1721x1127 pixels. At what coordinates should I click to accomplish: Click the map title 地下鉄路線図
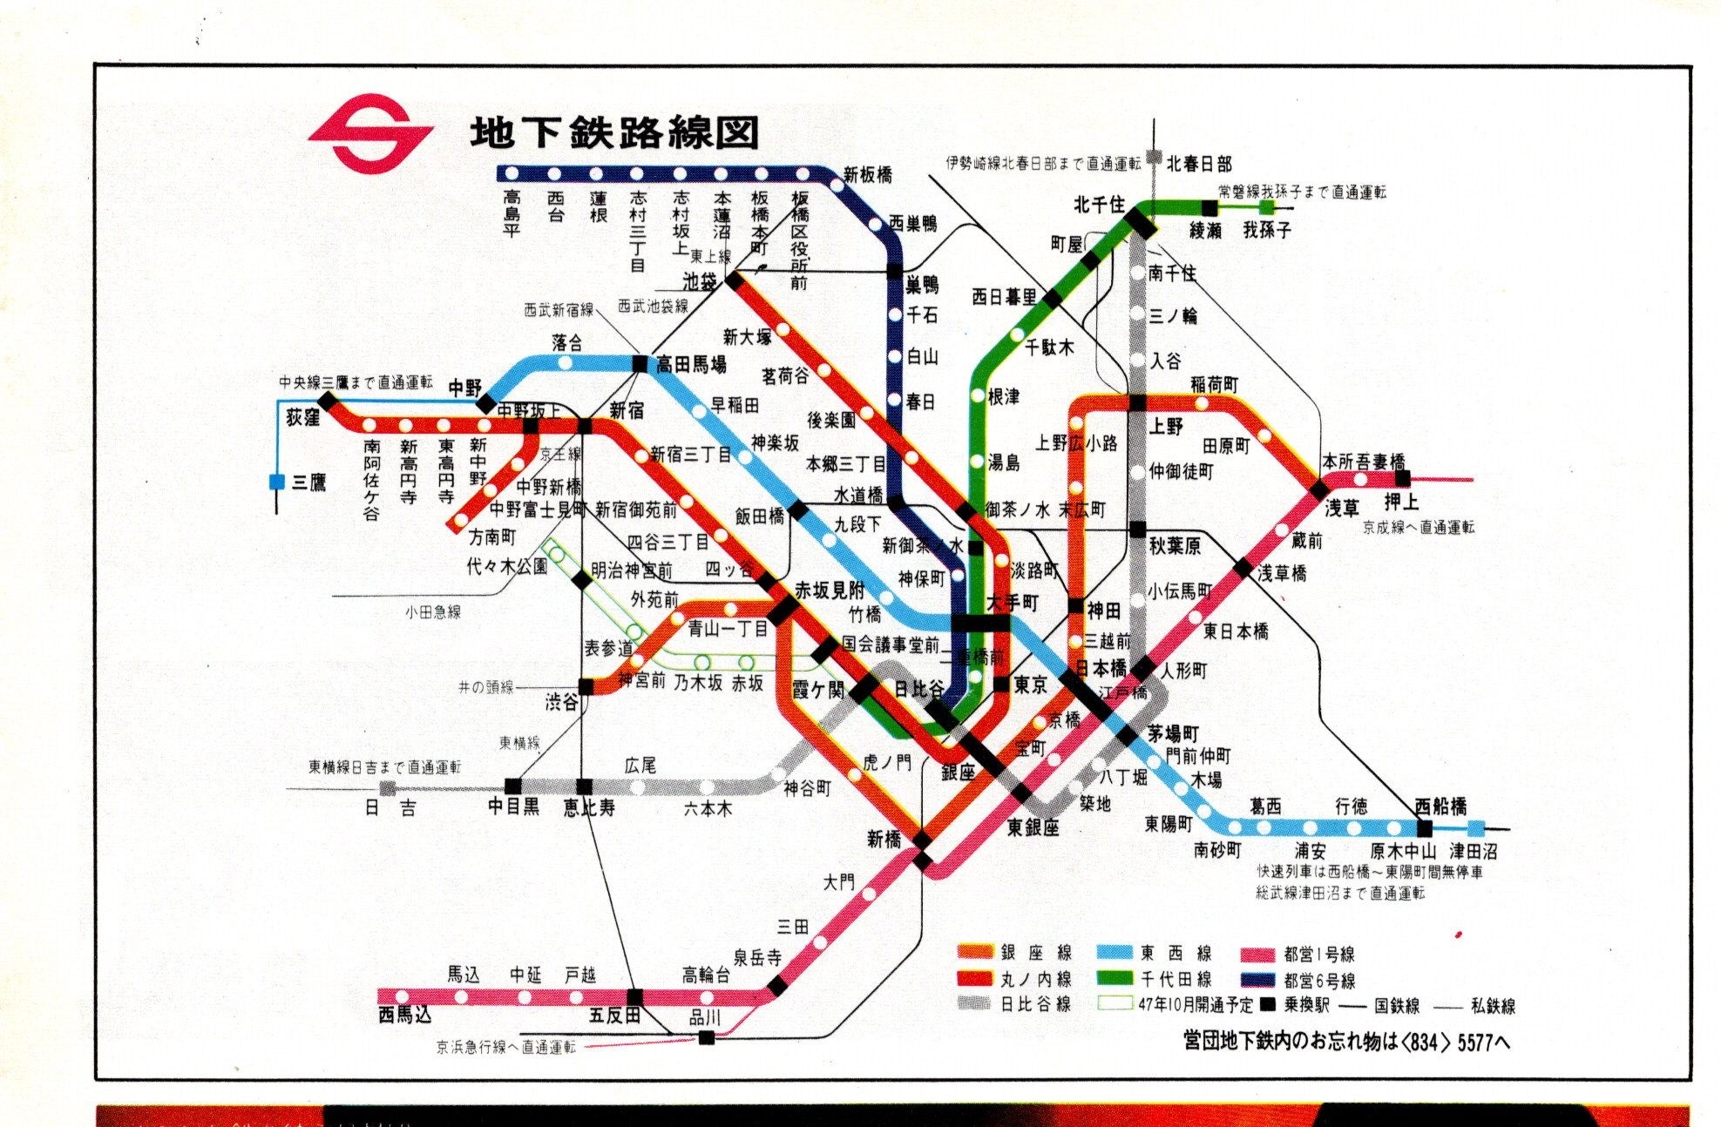coord(614,133)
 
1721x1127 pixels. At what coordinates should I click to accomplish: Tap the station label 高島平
coord(512,213)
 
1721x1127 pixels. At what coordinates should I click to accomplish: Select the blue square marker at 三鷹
coord(277,481)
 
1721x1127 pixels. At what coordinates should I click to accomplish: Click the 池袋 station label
coord(700,280)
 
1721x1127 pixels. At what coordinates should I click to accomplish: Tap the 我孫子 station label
coord(1266,231)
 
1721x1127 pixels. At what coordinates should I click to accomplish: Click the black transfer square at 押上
coord(1402,478)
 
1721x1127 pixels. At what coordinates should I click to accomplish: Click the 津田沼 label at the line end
coord(1473,851)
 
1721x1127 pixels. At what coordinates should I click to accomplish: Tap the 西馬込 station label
coord(404,1015)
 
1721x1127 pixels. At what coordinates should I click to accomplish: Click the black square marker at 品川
coord(707,1036)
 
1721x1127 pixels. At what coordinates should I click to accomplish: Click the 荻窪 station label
coord(302,418)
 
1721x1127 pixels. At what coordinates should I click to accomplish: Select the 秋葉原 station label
coord(1174,546)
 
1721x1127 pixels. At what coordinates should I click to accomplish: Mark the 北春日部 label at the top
coord(1199,163)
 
